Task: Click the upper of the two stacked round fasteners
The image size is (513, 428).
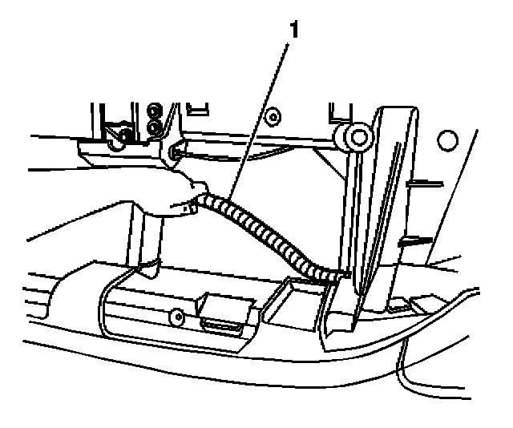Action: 154,110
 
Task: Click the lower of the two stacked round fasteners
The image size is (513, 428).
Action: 154,127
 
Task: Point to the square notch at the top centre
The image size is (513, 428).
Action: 200,104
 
